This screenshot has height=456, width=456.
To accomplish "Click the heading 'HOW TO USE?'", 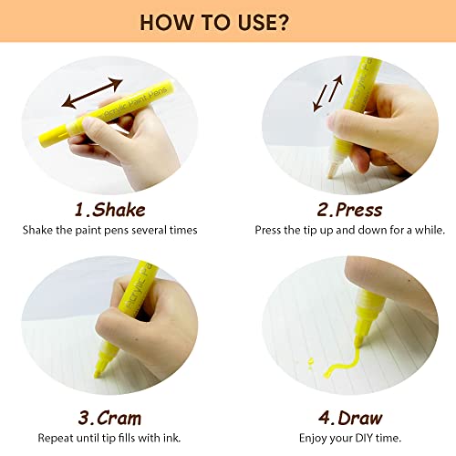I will click(x=228, y=21).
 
